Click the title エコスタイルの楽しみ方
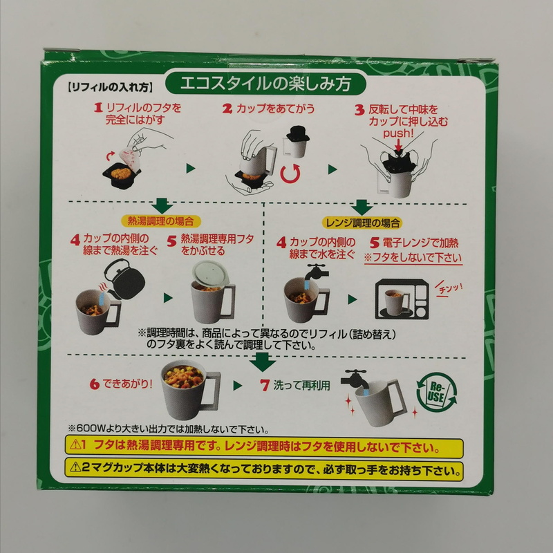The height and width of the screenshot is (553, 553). click(263, 85)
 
